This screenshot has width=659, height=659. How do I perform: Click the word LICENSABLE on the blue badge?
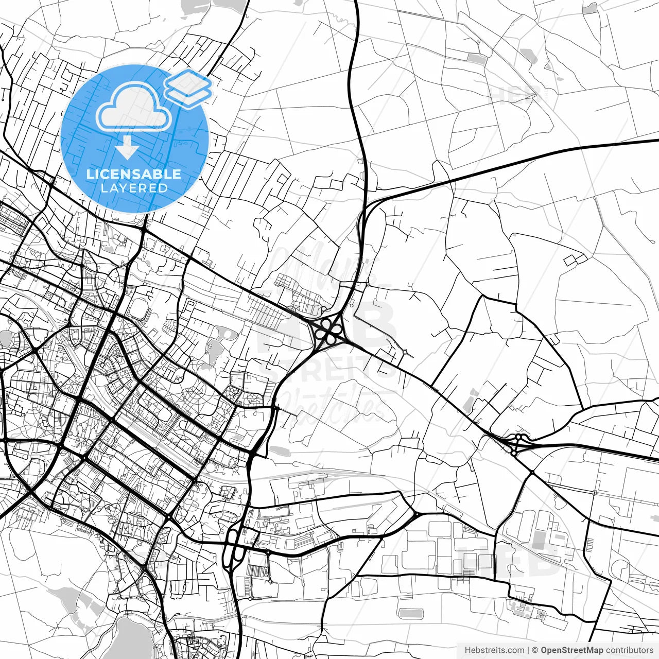point(134,174)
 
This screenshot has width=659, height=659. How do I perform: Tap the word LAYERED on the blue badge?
point(134,188)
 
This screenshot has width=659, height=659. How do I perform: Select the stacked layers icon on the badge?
point(188,88)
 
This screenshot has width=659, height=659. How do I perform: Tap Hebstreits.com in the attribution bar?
point(494,650)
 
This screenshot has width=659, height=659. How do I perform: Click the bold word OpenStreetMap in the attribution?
point(572,650)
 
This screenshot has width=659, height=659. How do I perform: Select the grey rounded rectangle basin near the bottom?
point(410,613)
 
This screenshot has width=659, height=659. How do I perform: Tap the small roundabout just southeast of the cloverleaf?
point(405,353)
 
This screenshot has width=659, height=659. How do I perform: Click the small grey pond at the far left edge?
point(5,338)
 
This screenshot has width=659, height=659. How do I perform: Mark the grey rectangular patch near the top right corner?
point(591,8)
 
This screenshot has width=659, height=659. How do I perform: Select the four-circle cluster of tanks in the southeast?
point(541,613)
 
